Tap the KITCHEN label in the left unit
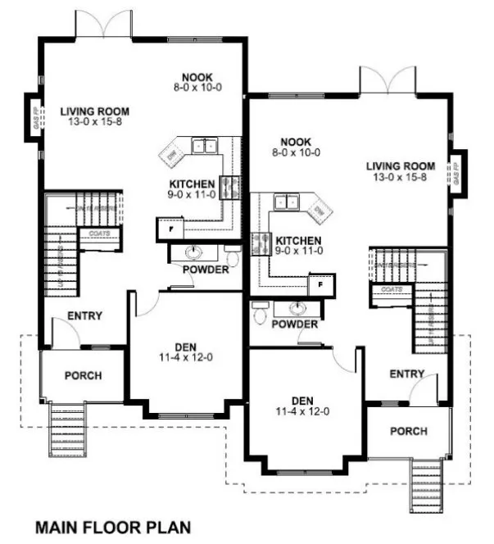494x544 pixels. coord(192,184)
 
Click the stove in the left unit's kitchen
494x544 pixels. coord(229,188)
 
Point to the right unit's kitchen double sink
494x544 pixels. coord(286,201)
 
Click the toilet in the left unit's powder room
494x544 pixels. coord(233,257)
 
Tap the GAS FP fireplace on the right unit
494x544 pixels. coord(457,175)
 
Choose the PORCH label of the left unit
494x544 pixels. coord(83,375)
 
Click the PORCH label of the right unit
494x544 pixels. coord(408,431)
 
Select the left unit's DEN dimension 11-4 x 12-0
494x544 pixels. coord(188,357)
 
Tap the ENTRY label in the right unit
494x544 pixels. coord(406,374)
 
